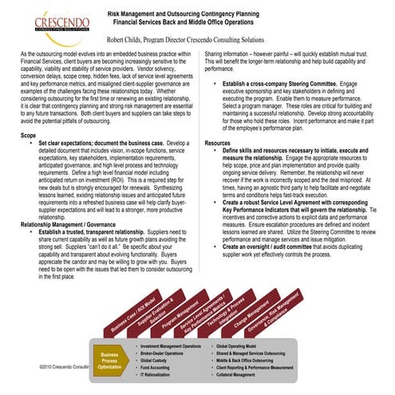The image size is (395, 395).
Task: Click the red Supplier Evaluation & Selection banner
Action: click(155, 314)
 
